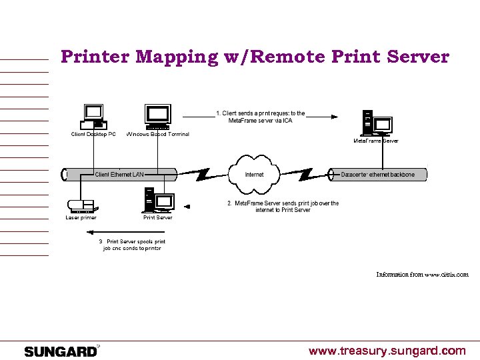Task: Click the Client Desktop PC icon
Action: [93, 117]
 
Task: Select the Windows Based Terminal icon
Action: [157, 117]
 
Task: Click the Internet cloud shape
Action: [254, 174]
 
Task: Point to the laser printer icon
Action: [81, 204]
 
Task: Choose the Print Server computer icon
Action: [157, 201]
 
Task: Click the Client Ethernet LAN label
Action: [119, 175]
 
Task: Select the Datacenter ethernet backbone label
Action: [377, 175]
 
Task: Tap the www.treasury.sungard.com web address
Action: [387, 351]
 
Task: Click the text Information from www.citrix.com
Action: [422, 274]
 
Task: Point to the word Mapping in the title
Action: [177, 57]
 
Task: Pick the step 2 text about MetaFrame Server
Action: [283, 207]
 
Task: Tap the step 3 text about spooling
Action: [132, 245]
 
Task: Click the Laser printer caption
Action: [81, 217]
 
